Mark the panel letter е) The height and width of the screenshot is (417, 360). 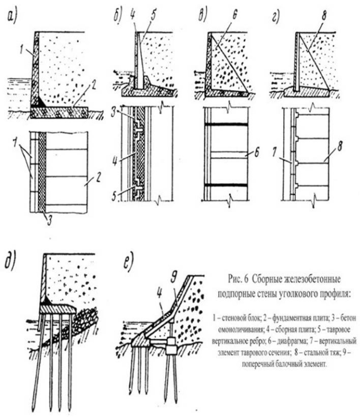[x=127, y=263]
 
